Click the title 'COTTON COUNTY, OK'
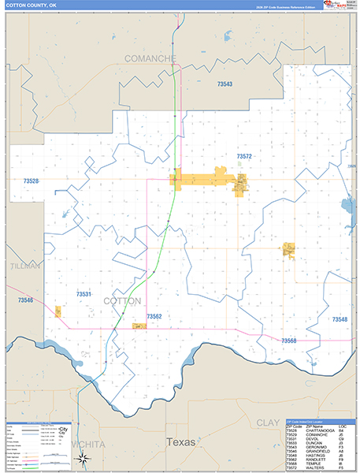(30, 6)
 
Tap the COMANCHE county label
(153, 58)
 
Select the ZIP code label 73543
(225, 83)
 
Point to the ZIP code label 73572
(244, 157)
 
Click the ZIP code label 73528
(32, 181)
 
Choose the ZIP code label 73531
(84, 294)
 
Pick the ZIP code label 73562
(154, 316)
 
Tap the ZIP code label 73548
(340, 319)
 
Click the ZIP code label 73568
(288, 340)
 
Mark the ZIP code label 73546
(26, 300)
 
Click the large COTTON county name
(122, 301)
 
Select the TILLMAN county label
(25, 266)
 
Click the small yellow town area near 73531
(58, 312)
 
